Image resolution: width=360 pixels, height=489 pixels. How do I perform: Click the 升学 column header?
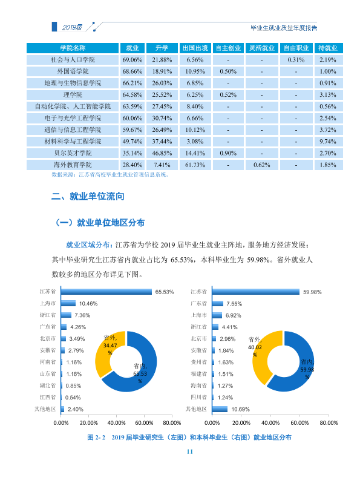click(162, 48)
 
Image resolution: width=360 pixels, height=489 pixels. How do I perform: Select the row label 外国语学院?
click(73, 71)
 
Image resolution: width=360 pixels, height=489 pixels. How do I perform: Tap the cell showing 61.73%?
click(195, 165)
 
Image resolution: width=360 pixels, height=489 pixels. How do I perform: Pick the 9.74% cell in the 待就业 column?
click(328, 142)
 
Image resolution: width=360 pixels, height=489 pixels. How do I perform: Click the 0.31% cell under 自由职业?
click(296, 60)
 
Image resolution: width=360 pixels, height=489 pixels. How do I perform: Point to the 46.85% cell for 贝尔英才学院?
click(162, 154)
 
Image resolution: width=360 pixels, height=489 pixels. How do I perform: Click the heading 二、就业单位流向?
click(88, 196)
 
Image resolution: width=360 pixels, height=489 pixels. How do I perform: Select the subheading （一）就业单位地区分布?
click(99, 223)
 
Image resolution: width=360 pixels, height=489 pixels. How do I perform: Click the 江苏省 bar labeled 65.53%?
click(106, 292)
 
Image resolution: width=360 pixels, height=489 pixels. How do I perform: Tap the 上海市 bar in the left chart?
click(68, 303)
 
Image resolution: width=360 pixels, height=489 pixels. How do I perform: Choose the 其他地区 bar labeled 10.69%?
click(220, 409)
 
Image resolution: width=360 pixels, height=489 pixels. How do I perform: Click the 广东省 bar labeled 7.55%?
click(218, 303)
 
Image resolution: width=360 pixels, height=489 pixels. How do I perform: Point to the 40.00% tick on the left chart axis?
click(116, 423)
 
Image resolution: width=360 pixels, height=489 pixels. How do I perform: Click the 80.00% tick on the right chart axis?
click(329, 423)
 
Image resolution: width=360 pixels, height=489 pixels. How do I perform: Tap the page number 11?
click(190, 451)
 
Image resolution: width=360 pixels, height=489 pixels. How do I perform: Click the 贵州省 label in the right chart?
click(198, 362)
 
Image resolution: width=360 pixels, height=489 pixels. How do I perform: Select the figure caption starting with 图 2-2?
click(189, 437)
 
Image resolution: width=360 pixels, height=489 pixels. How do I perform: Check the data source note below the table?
click(111, 175)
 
